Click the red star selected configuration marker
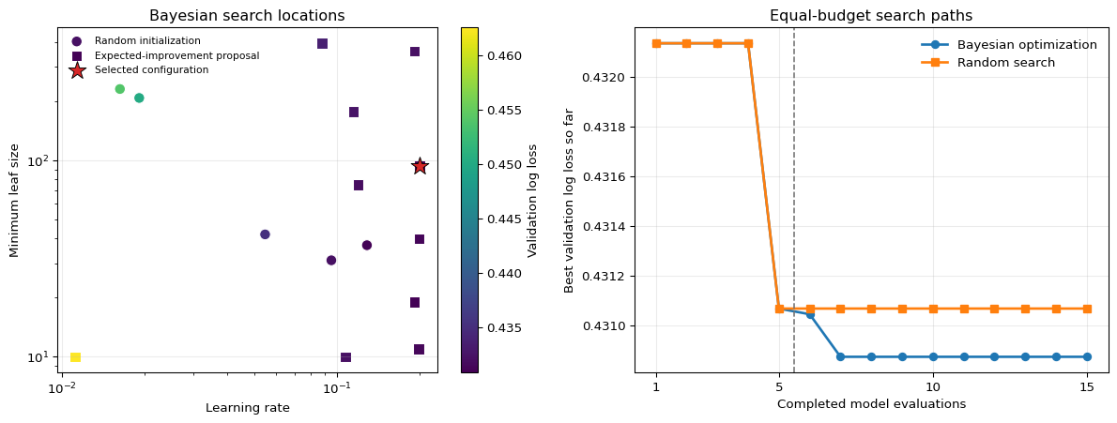(420, 166)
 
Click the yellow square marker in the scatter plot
(75, 356)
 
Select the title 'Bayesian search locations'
(247, 16)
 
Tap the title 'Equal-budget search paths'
(871, 16)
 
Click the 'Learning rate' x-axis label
(247, 408)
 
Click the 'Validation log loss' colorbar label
(531, 200)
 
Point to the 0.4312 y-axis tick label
(604, 277)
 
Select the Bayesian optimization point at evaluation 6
(810, 314)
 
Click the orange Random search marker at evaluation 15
(1087, 309)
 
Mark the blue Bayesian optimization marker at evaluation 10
(933, 356)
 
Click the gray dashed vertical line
(794, 200)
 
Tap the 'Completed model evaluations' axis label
(871, 404)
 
